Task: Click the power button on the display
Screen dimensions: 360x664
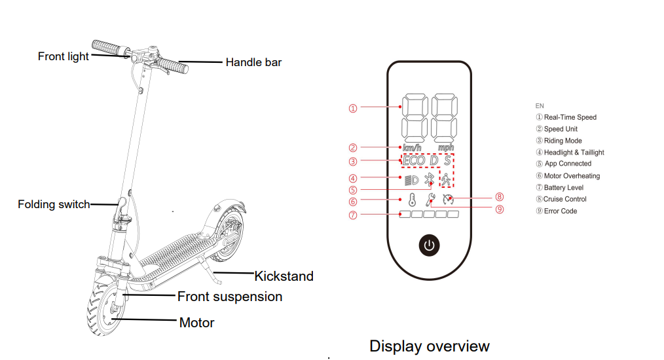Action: click(x=429, y=245)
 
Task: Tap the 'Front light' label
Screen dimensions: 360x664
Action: click(x=64, y=56)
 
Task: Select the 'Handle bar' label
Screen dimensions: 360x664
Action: click(x=253, y=62)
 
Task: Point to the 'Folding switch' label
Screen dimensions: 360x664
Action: click(x=54, y=204)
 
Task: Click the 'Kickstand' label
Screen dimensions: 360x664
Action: click(x=284, y=276)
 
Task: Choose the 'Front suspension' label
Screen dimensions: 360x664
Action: click(x=230, y=297)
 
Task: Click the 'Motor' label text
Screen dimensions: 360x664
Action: click(x=196, y=323)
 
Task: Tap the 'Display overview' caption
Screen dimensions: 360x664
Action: click(x=429, y=346)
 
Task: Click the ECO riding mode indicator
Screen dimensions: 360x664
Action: click(x=414, y=160)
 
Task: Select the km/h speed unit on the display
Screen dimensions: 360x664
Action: click(x=412, y=147)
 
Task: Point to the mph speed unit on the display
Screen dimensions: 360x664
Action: click(x=445, y=147)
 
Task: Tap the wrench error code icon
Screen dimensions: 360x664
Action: click(x=430, y=200)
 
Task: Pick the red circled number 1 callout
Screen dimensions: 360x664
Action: click(x=353, y=109)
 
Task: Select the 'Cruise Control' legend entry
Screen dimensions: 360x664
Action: click(x=564, y=199)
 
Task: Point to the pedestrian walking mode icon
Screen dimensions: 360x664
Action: click(x=446, y=179)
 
